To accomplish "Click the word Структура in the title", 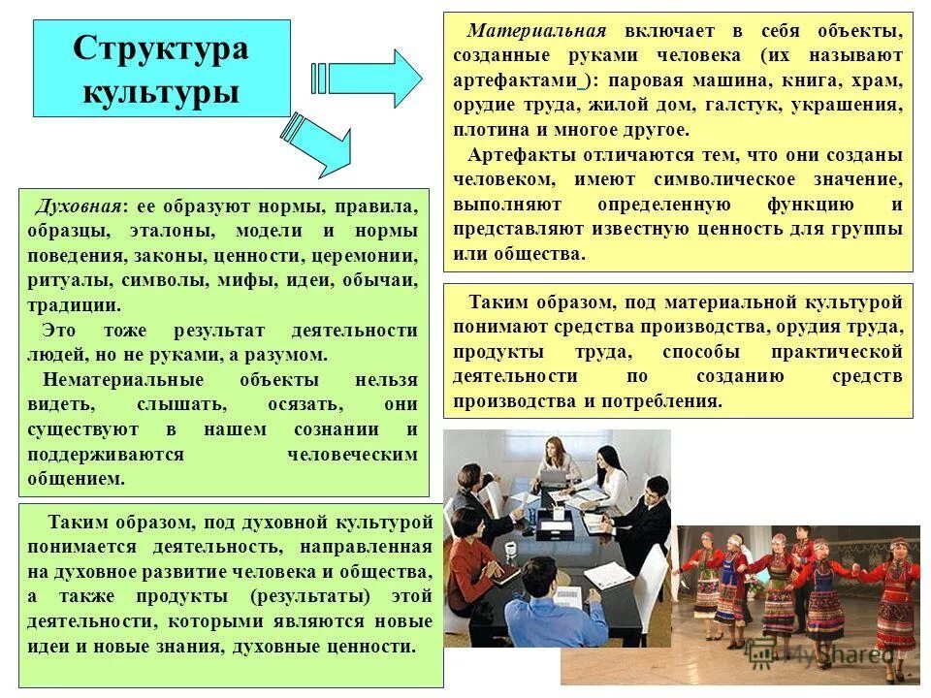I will coord(161,49).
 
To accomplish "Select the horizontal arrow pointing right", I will coord(368,76).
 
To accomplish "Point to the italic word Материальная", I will coord(536,31).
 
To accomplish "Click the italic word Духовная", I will coord(79,207).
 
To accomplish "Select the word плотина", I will coord(488,130).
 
